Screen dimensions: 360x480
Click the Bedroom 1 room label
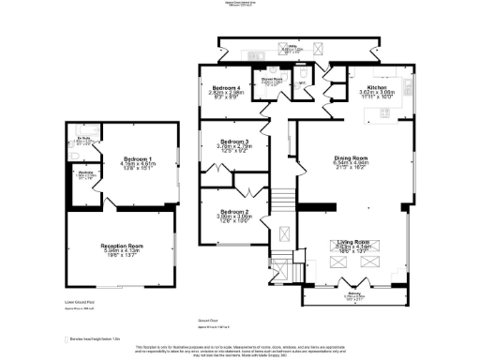123,160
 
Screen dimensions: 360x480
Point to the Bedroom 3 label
232,142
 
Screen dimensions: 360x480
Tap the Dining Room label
352,158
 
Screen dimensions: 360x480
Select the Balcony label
354,295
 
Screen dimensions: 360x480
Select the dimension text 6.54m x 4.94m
352,164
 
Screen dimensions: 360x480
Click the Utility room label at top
292,46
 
